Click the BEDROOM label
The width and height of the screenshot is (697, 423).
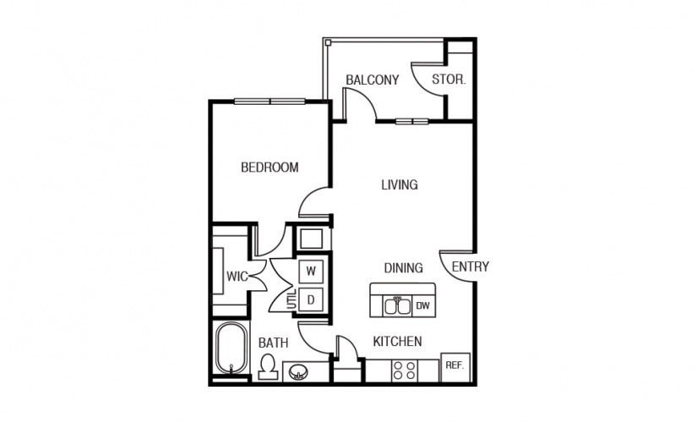pyautogui.click(x=270, y=168)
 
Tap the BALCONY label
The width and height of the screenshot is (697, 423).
pyautogui.click(x=372, y=80)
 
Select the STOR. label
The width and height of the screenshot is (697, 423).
pyautogui.click(x=449, y=80)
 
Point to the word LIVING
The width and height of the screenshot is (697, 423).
pyautogui.click(x=399, y=184)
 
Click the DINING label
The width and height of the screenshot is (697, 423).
pyautogui.click(x=403, y=268)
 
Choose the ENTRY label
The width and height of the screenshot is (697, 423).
pyautogui.click(x=470, y=266)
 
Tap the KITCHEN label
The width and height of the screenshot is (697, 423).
pyautogui.click(x=397, y=342)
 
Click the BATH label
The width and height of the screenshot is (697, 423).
pyautogui.click(x=273, y=343)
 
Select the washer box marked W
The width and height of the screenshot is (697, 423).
pyautogui.click(x=311, y=272)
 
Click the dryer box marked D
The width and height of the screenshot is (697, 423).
pyautogui.click(x=311, y=299)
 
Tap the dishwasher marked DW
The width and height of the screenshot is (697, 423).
pyautogui.click(x=423, y=305)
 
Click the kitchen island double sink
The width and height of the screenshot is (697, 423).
pyautogui.click(x=397, y=305)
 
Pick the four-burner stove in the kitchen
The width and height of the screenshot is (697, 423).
pyautogui.click(x=403, y=370)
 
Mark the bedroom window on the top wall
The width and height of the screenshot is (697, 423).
pyautogui.click(x=270, y=102)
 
